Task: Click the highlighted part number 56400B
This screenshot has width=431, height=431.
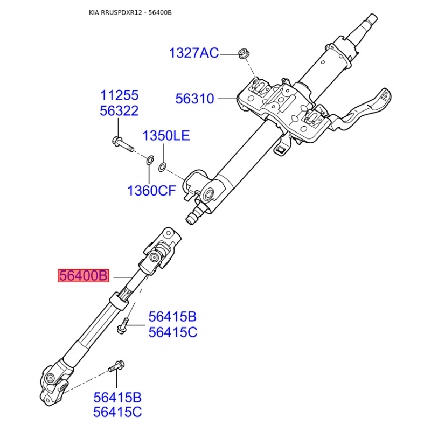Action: click(84, 276)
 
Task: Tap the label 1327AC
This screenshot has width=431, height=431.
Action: click(194, 53)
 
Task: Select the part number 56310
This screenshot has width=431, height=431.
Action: click(194, 99)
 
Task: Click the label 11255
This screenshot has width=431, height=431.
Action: click(119, 95)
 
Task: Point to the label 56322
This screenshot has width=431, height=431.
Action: click(119, 111)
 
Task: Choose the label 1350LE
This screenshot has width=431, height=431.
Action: click(166, 136)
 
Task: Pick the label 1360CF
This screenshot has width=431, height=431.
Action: click(151, 191)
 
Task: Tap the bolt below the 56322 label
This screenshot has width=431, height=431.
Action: click(123, 144)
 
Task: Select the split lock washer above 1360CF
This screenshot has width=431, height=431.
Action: click(150, 160)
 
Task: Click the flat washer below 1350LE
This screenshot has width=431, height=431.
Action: click(163, 167)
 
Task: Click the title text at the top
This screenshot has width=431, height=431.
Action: click(130, 12)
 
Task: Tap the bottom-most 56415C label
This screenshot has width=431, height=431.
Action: click(117, 412)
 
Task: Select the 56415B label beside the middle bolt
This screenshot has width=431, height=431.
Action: click(172, 317)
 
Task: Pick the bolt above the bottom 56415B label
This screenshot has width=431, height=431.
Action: click(116, 366)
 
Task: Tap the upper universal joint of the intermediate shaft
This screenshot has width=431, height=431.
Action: click(159, 252)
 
